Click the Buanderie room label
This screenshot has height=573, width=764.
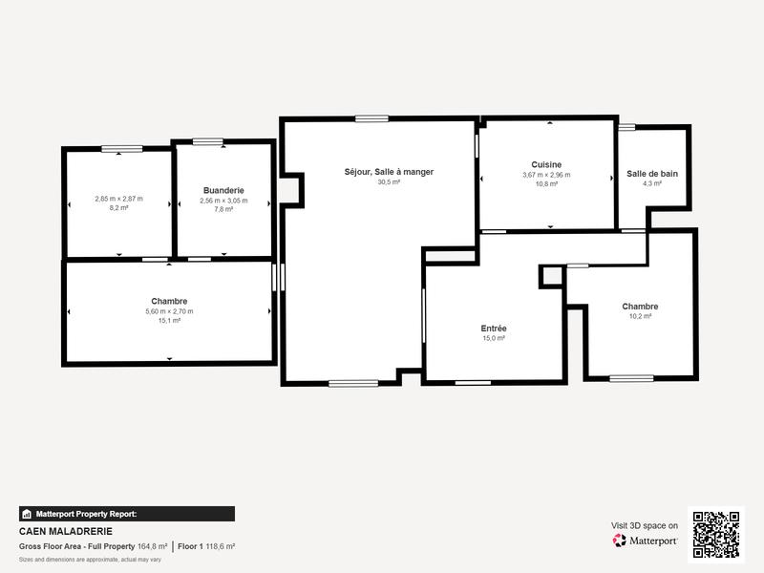pos(223,190)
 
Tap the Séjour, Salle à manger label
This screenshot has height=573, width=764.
pos(389,172)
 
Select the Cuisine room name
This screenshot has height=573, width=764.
pos(546,164)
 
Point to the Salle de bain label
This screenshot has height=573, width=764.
pos(652,173)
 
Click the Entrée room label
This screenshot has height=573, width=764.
pos(494,328)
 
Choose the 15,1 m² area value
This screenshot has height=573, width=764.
pos(169,321)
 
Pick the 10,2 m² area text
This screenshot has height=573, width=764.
pos(640,316)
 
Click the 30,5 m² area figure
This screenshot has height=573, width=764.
pos(389,181)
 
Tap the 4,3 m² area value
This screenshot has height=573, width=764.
pos(652,183)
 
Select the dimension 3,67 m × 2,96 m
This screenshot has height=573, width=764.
pos(546,175)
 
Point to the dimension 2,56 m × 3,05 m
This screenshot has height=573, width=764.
pos(223,201)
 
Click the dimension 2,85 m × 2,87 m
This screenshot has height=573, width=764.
pos(118,199)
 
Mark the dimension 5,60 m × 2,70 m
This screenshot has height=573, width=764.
pos(169,311)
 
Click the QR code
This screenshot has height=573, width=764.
pos(715,535)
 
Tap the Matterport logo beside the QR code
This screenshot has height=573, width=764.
pos(646,541)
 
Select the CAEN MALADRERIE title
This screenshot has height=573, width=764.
pos(66,531)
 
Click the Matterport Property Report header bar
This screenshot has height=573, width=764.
pos(126,514)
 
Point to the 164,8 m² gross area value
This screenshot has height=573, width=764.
pos(153,546)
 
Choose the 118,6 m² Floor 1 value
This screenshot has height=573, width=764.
pos(221,546)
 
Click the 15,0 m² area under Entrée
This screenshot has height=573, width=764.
pos(494,338)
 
